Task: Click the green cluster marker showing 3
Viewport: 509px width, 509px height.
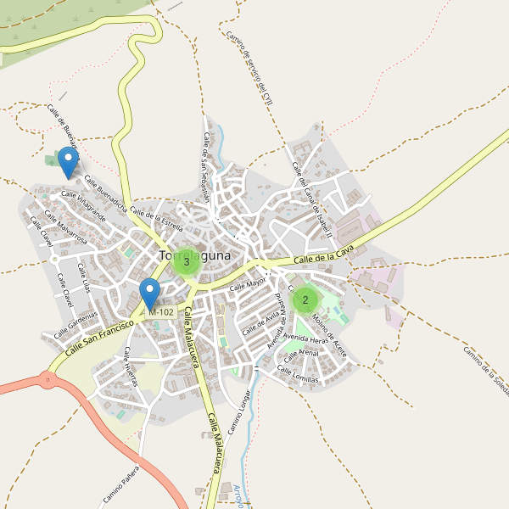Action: point(186,262)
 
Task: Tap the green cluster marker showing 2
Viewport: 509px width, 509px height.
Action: point(305,299)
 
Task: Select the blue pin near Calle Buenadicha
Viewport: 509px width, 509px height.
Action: point(68,161)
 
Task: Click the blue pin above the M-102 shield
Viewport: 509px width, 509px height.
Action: point(150,294)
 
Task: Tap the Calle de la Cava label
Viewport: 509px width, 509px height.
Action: point(322,254)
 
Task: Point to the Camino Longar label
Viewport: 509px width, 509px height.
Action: point(239,412)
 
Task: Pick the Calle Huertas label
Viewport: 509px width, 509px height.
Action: point(130,366)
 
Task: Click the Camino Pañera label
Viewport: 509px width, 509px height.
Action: point(120,486)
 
